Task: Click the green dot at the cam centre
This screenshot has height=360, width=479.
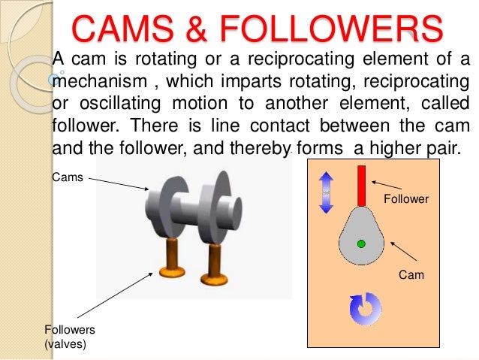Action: click(361, 244)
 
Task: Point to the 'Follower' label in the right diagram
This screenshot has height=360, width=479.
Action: click(406, 199)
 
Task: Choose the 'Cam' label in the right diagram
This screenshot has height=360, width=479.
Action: click(411, 275)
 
